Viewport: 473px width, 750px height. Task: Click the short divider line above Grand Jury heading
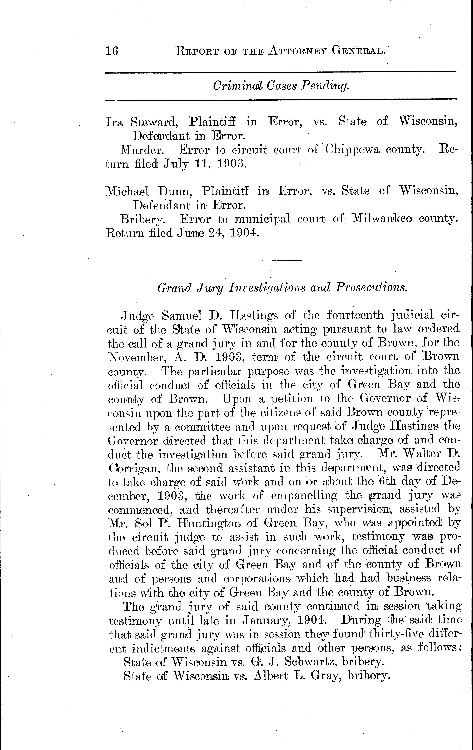point(281,260)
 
